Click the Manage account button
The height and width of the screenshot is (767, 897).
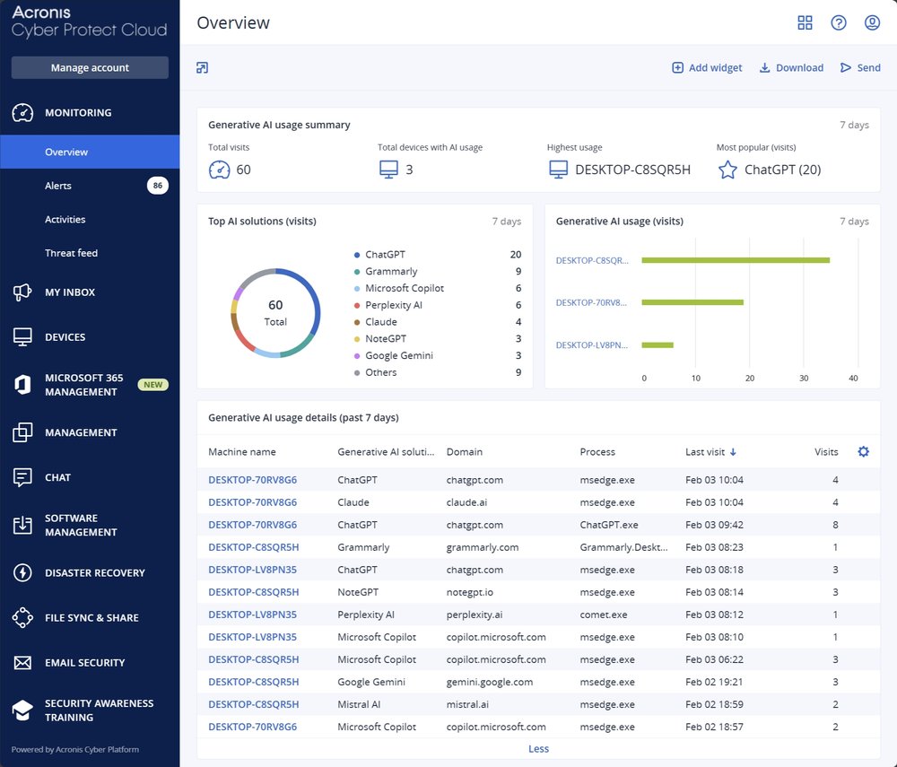pyautogui.click(x=90, y=68)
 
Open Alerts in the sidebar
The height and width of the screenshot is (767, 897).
pyautogui.click(x=58, y=186)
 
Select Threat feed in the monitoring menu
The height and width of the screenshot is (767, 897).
pyautogui.click(x=71, y=253)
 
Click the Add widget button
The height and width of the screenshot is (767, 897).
pyautogui.click(x=707, y=68)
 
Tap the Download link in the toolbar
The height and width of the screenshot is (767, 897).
pyautogui.click(x=791, y=68)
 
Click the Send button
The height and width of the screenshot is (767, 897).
pyautogui.click(x=860, y=68)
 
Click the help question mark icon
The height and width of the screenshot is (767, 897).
pyautogui.click(x=839, y=23)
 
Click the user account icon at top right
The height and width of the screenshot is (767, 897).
pyautogui.click(x=872, y=23)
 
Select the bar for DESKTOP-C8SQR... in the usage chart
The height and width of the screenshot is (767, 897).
pyautogui.click(x=736, y=260)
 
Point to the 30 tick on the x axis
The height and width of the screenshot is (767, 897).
pyautogui.click(x=803, y=378)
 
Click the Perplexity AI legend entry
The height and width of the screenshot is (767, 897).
pyautogui.click(x=393, y=305)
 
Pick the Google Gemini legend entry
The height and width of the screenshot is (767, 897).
pyautogui.click(x=398, y=355)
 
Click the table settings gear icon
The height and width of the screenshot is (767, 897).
pyautogui.click(x=864, y=452)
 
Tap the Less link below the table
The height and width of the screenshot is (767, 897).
pyautogui.click(x=538, y=749)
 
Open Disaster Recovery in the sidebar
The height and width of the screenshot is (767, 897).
pyautogui.click(x=94, y=572)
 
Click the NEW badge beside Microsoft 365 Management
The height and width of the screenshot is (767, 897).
pyautogui.click(x=153, y=385)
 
